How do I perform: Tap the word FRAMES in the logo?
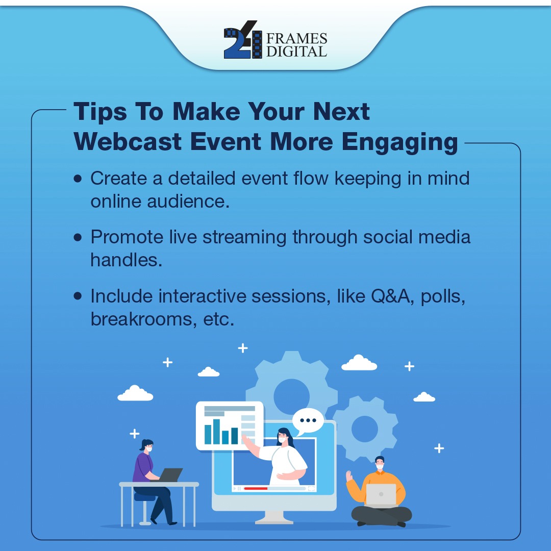(x=296, y=39)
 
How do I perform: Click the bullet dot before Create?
(x=78, y=179)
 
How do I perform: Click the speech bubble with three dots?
(x=308, y=420)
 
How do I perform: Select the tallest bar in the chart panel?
(x=216, y=431)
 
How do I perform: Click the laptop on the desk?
(x=170, y=474)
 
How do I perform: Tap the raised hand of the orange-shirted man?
(x=349, y=476)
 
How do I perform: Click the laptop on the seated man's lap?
(x=381, y=494)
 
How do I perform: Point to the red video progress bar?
(x=255, y=488)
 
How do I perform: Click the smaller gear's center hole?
(x=364, y=429)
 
